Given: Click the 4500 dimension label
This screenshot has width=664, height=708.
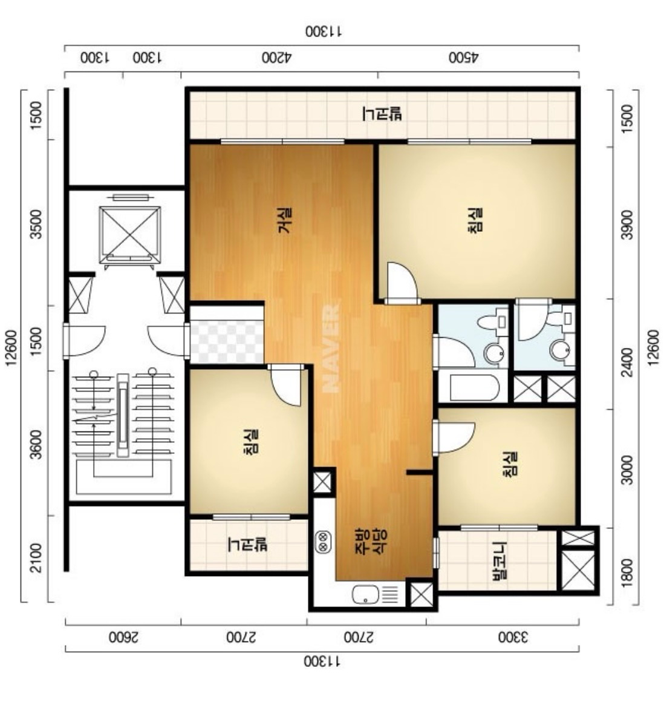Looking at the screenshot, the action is point(463,58).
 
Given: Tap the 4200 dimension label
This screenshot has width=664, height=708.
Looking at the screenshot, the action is point(277,58).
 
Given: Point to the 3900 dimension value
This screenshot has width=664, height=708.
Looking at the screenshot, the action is point(628,225).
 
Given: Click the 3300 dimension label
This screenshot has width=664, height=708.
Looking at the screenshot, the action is point(513,637).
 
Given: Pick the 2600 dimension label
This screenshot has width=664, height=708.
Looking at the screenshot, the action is point(123,637).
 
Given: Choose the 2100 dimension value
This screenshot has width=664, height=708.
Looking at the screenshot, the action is point(36,558).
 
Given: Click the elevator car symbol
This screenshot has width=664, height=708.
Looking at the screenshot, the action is point(130,234).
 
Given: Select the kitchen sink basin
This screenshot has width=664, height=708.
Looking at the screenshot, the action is point(365,594).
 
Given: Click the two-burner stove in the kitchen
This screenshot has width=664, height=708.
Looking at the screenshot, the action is point(324,542).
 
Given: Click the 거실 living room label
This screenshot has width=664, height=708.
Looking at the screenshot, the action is point(285,220).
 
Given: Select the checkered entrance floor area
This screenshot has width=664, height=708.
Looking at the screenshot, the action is point(226,335).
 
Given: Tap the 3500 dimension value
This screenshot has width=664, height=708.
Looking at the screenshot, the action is point(36,223).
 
